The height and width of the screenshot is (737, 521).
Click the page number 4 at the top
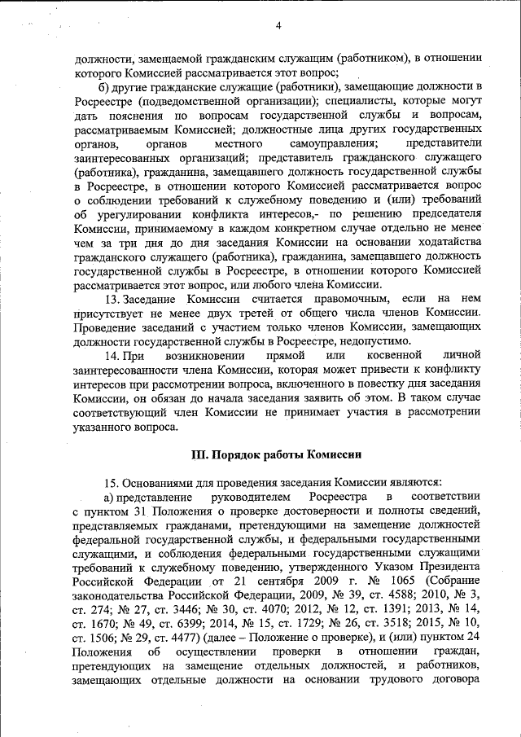pyautogui.click(x=278, y=25)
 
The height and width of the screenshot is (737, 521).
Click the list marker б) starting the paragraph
pyautogui.click(x=102, y=86)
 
